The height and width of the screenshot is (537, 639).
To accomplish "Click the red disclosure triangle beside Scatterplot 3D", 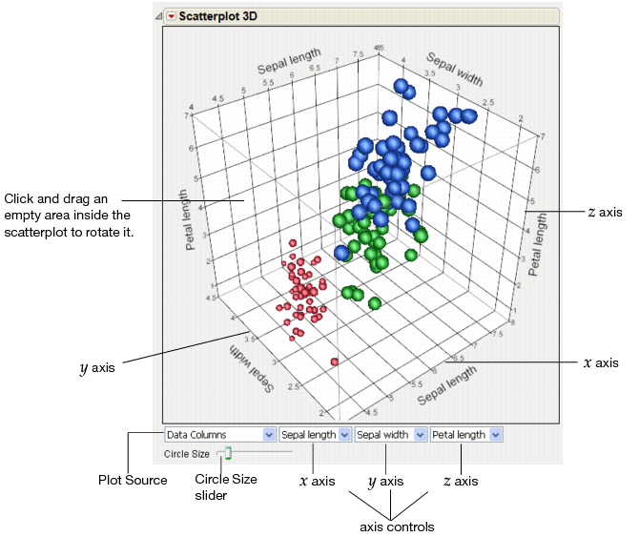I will (x=171, y=16).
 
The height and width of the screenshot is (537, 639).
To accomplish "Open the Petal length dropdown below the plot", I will (x=466, y=435).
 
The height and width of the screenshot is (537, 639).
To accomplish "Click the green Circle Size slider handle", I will (x=228, y=454).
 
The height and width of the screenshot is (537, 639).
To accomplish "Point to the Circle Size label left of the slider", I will (x=187, y=454).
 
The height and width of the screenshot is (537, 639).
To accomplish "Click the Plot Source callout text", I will (x=133, y=480).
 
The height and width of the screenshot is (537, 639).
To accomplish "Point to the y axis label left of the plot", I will (x=98, y=366).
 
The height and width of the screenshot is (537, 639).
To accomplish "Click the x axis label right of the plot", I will (x=600, y=362).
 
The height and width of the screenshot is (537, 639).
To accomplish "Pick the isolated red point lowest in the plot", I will (x=335, y=361).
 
